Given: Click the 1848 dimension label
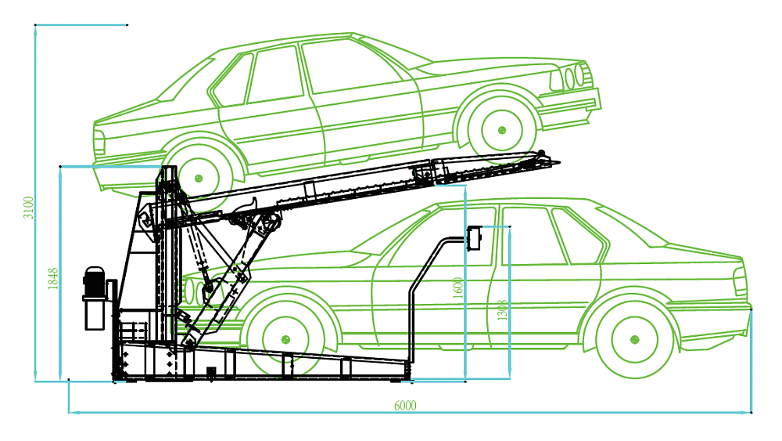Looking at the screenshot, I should point(53,279).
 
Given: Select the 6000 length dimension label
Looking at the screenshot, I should point(405,405).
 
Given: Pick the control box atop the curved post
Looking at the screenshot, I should point(474,237).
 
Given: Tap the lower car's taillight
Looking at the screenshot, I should point(738,282).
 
